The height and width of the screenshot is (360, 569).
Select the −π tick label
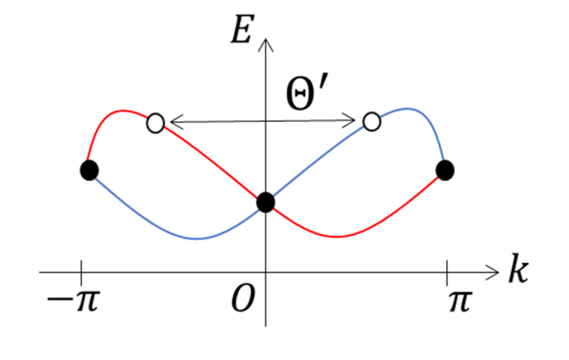73,301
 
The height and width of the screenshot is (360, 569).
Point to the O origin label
242,301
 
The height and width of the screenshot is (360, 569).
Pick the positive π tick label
458,301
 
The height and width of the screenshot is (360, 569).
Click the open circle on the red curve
155,123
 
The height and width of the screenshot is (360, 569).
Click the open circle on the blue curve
372,122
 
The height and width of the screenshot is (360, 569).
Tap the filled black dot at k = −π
88,171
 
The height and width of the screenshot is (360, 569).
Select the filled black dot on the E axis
266,202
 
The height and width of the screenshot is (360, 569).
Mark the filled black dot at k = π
445,171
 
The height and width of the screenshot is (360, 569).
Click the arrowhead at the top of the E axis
266,41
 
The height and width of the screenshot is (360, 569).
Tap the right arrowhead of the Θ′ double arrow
357,123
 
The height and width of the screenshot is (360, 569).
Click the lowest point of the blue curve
198,238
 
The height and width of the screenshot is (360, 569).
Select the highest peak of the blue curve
409,109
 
